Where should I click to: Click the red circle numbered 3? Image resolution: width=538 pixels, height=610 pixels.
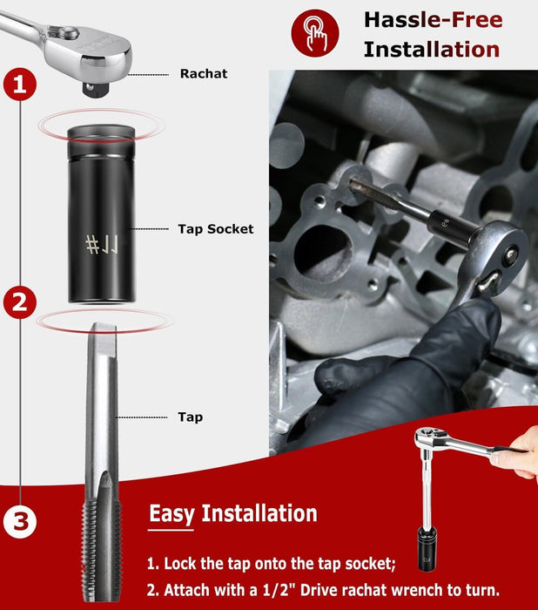21,522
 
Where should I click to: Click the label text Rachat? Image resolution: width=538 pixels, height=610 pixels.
204,74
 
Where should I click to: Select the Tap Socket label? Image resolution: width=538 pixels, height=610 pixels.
216,228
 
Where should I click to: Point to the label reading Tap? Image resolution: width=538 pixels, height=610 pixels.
190,417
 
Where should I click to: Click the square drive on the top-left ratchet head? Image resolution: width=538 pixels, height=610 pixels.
90,87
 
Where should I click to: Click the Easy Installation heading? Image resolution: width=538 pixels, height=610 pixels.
232,513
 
